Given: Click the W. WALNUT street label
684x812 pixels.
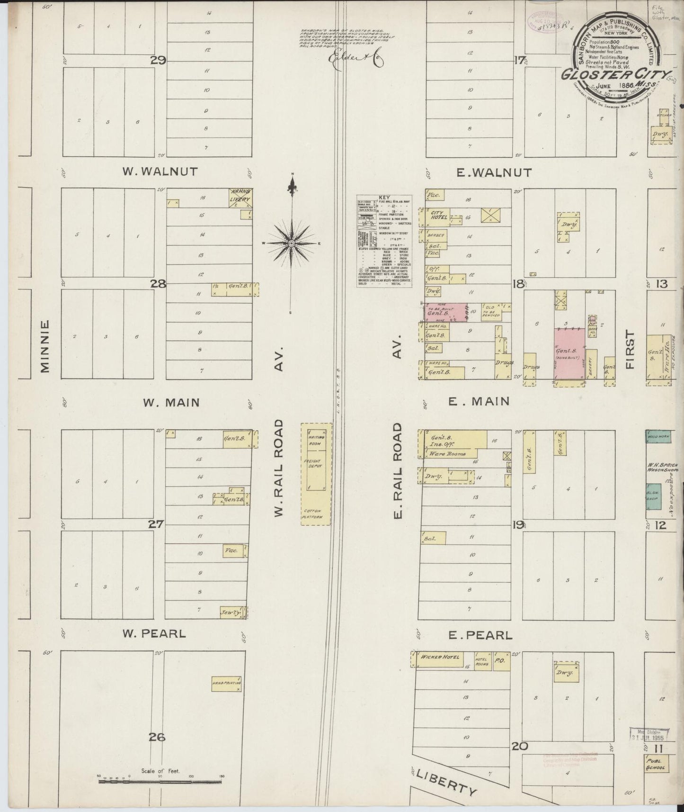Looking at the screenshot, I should (x=160, y=171).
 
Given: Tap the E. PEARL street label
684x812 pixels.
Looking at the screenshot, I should (x=480, y=635).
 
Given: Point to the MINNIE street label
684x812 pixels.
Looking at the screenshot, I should (x=45, y=346).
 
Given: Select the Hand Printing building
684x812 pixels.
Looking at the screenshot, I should (x=227, y=684).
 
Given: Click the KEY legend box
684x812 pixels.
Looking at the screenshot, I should (x=384, y=241).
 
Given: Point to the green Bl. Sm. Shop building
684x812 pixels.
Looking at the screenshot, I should (x=654, y=496).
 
